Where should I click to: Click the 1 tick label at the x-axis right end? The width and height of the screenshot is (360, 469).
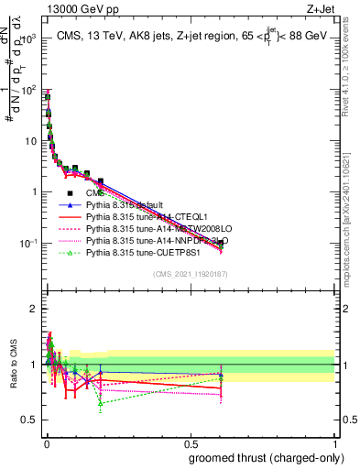pos(335,442)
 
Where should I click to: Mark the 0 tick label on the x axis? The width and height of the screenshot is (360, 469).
pos(45,442)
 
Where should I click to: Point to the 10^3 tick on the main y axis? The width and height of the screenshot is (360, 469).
pos(27,39)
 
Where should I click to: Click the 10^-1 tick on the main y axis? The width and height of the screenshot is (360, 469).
pos(27,244)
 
